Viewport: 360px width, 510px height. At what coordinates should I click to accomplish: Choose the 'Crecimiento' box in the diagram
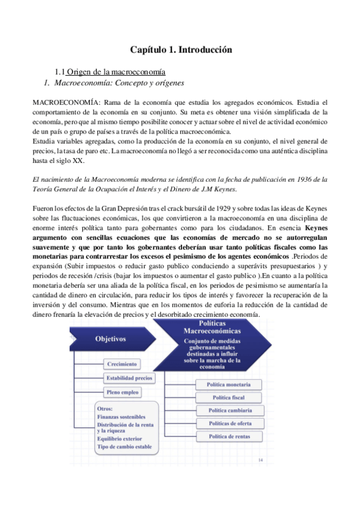pos(123,364)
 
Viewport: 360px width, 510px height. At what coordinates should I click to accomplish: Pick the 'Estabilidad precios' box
pos(129,378)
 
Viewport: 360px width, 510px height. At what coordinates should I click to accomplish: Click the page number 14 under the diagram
pos(260,461)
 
